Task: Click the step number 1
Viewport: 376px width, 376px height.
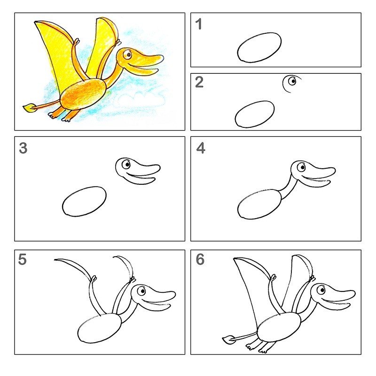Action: click(x=198, y=24)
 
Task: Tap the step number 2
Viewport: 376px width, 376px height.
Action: click(x=199, y=82)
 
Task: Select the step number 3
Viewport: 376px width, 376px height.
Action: click(x=23, y=148)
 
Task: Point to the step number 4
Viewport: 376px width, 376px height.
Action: click(x=201, y=148)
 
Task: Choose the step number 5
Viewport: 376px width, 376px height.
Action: click(x=22, y=259)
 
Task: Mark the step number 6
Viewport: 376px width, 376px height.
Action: click(x=200, y=259)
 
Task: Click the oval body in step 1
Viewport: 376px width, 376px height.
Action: click(x=259, y=48)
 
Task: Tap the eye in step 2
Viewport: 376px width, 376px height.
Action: click(x=292, y=81)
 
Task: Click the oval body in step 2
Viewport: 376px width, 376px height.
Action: click(x=255, y=114)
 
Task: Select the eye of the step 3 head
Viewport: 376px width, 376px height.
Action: click(x=126, y=164)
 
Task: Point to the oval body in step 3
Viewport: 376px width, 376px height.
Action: click(x=84, y=202)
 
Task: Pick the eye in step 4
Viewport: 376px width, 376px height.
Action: click(x=301, y=167)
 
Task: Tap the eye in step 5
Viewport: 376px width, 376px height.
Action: click(x=141, y=291)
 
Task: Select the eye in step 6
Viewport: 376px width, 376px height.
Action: click(x=321, y=290)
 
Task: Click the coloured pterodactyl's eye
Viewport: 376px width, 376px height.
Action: click(x=128, y=55)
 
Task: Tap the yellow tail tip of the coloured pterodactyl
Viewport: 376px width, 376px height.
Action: click(x=30, y=108)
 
